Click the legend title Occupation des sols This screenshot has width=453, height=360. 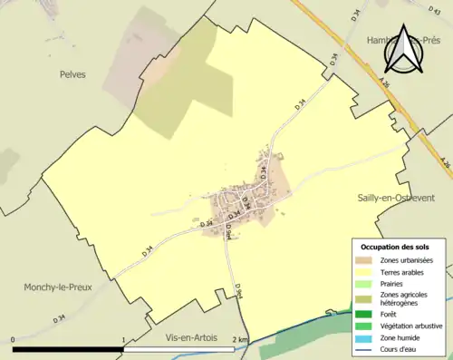[x=395, y=247]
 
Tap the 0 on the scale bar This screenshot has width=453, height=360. [x=14, y=340]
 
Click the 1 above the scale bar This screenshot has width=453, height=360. [x=124, y=340]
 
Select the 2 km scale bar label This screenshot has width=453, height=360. [x=239, y=340]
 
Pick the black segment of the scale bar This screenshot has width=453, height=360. [x=69, y=349]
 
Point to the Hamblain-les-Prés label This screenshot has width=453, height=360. [x=399, y=41]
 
